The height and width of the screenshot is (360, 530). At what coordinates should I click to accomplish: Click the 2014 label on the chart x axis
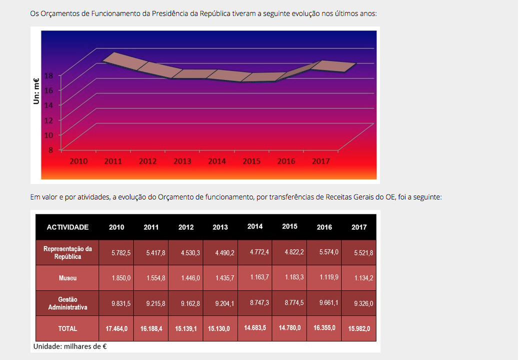coord(217,161)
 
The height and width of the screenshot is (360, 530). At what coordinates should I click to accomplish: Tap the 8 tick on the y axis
coord(51,149)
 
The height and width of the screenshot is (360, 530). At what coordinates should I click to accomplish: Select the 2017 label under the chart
coord(320,161)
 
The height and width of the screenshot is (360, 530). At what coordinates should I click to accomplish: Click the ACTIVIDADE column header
coord(67,227)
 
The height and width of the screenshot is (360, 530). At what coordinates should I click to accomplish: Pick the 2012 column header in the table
coord(186,227)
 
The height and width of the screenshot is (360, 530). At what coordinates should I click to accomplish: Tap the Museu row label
coord(67,277)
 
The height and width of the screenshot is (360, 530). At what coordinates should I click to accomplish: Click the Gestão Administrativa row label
coord(67,303)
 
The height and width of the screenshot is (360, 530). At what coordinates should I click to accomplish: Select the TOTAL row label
coord(67,328)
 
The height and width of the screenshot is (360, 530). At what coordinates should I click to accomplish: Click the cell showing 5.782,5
coord(121,253)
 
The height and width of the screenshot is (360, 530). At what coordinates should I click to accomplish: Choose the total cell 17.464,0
coord(116,328)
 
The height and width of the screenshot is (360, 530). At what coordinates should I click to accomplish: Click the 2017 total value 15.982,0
coord(359,328)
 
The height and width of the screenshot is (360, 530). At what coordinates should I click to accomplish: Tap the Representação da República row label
coord(67,252)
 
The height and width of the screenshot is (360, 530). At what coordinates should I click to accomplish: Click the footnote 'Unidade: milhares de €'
coord(70,346)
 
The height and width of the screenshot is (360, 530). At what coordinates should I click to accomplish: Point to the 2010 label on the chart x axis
coord(78,161)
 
